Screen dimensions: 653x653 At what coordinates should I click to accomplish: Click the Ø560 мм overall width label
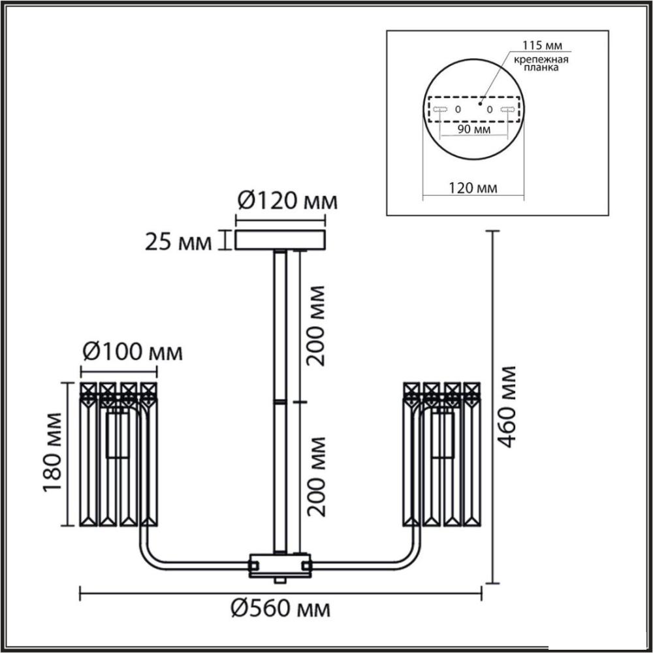280,609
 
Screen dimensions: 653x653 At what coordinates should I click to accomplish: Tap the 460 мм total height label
507,406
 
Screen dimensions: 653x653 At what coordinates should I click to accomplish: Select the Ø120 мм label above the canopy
287,202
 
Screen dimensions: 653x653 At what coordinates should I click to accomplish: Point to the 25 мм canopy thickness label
178,242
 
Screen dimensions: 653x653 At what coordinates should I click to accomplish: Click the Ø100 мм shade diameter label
133,352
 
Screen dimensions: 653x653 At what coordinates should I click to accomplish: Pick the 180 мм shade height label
53,453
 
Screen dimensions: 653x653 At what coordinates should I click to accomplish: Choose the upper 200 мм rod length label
315,326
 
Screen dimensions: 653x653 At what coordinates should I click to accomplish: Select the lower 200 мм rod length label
315,477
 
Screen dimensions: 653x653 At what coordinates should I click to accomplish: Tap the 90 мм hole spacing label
474,129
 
